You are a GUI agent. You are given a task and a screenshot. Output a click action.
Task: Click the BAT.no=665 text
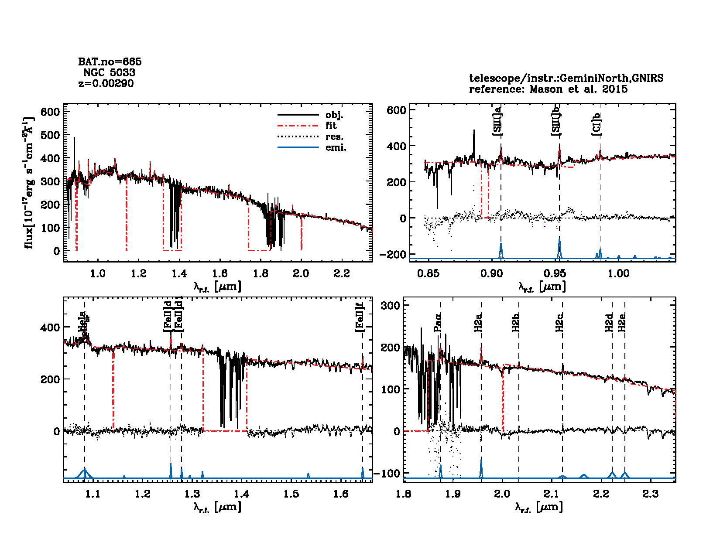[110, 62]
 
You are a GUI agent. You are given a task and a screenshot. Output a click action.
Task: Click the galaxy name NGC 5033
[109, 72]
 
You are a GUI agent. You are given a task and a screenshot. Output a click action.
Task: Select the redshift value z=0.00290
[106, 83]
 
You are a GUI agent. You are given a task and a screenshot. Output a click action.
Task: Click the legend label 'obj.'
[334, 115]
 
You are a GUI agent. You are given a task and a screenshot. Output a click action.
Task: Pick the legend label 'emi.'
[336, 148]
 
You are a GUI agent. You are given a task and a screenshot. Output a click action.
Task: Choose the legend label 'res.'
[334, 137]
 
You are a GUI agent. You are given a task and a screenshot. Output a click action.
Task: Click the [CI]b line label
[596, 124]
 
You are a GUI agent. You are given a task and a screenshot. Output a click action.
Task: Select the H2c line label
[559, 323]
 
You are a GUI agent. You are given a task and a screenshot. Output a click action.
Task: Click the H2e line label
[622, 323]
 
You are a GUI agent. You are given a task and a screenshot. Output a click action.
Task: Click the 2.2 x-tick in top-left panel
[341, 273]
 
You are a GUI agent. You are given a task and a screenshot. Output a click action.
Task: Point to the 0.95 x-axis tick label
[555, 273]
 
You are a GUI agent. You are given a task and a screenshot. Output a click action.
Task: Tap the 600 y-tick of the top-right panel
[396, 110]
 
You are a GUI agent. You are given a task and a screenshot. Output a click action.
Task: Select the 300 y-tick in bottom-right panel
[390, 305]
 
